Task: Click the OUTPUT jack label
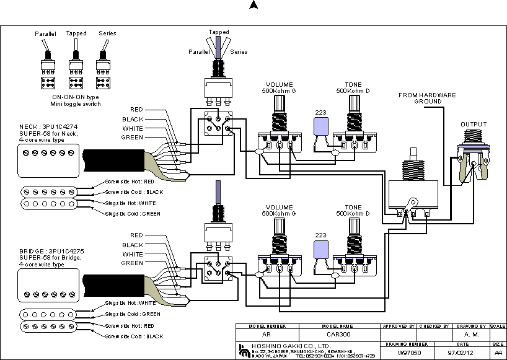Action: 474,125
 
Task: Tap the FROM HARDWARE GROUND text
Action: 427,98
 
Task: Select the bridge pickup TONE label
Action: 353,207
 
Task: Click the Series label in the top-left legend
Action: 107,33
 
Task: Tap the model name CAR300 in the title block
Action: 340,335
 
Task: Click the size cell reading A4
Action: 498,353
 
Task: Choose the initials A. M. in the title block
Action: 472,335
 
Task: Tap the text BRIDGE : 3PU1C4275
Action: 51,251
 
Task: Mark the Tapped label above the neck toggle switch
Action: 218,32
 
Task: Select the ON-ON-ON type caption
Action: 75,97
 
